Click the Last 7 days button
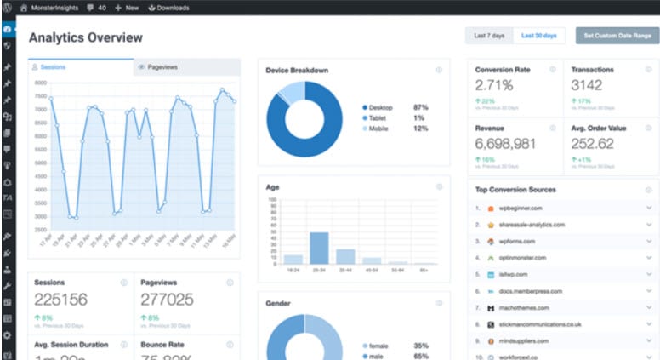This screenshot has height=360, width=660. (488, 36)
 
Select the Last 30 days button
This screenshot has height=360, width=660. (539, 36)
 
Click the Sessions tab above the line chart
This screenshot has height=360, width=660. (53, 66)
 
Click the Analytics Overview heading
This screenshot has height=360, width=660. (85, 37)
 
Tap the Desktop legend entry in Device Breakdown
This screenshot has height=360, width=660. (382, 107)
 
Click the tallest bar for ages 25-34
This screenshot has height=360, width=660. (319, 248)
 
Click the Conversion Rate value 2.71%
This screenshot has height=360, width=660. (494, 85)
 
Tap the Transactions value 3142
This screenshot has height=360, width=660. (587, 85)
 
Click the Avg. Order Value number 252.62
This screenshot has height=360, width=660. (593, 143)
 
